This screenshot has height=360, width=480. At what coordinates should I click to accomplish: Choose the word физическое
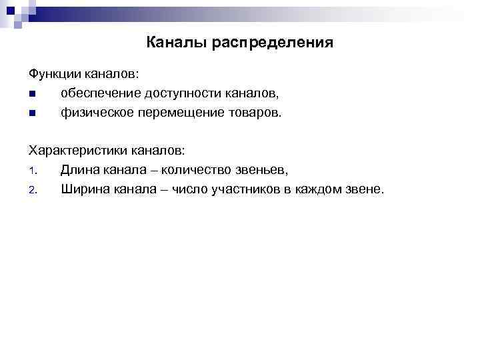(x=96, y=113)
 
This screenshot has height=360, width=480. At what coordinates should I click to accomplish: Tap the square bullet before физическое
(x=31, y=113)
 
